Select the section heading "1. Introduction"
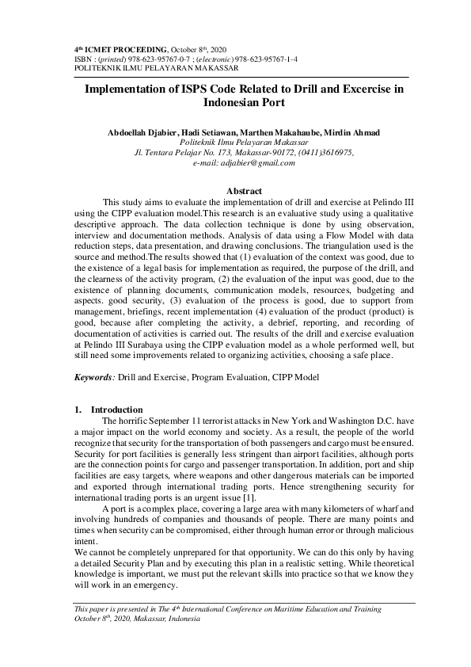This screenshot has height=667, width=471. (x=108, y=410)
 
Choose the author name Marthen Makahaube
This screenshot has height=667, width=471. (x=278, y=131)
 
